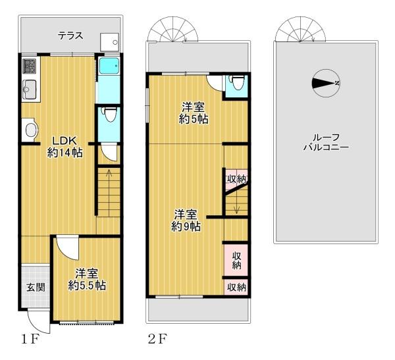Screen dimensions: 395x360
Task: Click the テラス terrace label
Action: (70, 36)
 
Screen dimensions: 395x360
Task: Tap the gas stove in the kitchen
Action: (29, 66)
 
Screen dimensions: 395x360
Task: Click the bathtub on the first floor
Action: (109, 66)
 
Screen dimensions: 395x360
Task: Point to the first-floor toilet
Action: (110, 114)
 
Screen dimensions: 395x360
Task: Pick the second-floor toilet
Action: (236, 82)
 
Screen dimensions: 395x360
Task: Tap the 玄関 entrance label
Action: (36, 287)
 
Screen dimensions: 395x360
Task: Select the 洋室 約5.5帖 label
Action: (87, 280)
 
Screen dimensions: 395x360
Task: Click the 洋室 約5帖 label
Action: (194, 113)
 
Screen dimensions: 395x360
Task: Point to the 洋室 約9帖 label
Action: (186, 220)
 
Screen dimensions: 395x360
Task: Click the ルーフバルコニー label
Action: (326, 143)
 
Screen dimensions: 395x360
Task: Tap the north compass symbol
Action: (326, 84)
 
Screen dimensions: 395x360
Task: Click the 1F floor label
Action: (30, 340)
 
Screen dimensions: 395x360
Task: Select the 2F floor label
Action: (157, 340)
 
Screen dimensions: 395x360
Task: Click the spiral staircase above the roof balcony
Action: (301, 29)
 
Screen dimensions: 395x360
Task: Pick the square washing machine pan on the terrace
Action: (109, 42)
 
